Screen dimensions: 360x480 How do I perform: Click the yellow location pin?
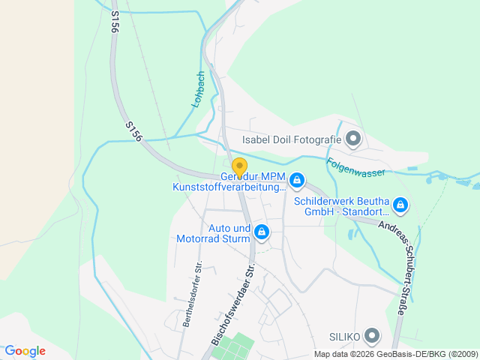tap(239, 167)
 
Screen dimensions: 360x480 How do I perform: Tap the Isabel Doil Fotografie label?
tap(291, 139)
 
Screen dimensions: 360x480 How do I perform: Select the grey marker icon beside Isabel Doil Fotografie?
tap(353, 139)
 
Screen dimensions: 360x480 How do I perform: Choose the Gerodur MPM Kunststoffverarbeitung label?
tap(229, 181)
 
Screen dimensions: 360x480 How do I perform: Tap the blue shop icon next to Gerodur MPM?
tap(298, 181)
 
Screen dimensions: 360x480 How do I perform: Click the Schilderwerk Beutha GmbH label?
tap(340, 207)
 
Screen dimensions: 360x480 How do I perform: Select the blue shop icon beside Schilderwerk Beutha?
tap(400, 205)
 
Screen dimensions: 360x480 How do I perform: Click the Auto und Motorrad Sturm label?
tap(229, 234)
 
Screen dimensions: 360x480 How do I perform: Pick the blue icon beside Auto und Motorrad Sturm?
tap(262, 233)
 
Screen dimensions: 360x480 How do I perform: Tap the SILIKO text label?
tap(344, 335)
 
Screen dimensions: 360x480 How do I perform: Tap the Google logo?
tap(25, 351)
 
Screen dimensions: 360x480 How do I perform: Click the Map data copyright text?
tap(394, 354)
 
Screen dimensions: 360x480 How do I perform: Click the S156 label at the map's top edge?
tap(115, 21)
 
